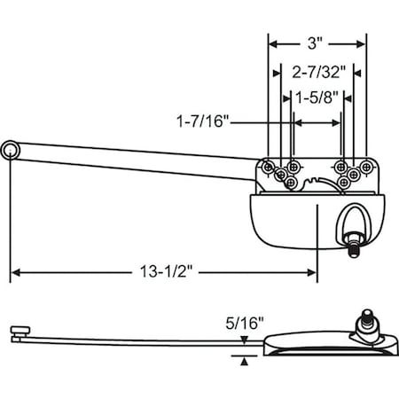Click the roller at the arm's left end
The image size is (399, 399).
pos(11,152)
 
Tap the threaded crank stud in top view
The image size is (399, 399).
pos(355,251)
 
